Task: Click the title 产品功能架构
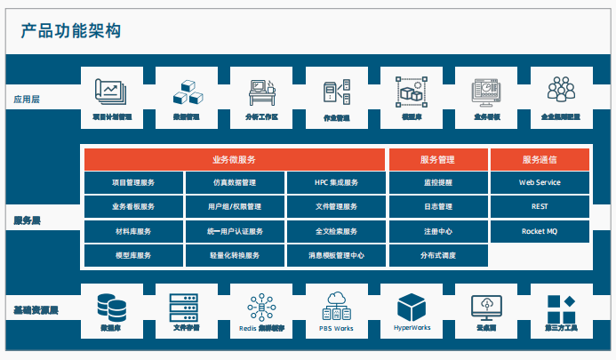pos(71,31)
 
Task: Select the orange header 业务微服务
pos(236,160)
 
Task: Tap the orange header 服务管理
pos(438,160)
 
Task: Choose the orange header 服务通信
pos(540,160)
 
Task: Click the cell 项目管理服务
pos(134,183)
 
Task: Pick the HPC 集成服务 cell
pos(337,183)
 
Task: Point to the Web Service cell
pos(540,183)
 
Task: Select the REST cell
pos(540,207)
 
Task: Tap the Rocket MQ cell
pos(540,231)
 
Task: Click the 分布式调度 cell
pos(438,255)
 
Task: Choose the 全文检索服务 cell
pos(337,231)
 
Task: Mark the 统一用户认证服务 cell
pos(236,231)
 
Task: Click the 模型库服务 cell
pos(134,255)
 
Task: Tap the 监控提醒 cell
pos(438,183)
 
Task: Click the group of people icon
pos(562,90)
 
